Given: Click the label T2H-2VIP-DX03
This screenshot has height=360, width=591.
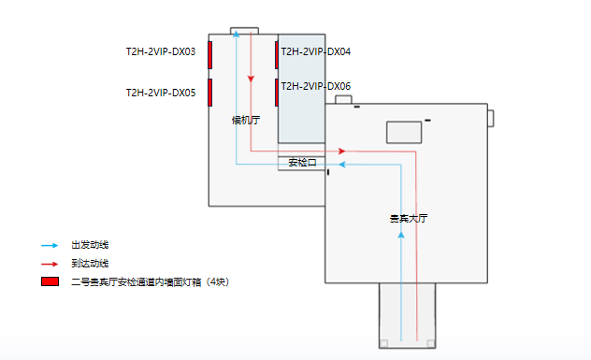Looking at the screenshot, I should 161,52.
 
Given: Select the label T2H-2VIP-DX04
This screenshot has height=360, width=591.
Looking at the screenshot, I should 316,52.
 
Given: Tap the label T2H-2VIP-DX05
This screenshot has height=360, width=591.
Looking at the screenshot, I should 161,93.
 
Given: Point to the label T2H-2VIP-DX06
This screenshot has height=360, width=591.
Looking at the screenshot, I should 316,86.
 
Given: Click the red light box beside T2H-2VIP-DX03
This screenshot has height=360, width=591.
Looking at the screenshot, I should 210,55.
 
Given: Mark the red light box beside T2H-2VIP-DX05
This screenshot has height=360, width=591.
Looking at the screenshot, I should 210,92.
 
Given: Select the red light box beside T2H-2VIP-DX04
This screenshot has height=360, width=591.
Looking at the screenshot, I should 278,55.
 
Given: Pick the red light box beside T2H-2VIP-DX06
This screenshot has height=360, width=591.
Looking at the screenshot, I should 278,92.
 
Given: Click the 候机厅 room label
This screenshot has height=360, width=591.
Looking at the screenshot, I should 246,120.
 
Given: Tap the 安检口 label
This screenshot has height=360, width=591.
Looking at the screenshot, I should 302,163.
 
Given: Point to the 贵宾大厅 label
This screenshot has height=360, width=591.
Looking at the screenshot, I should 408,218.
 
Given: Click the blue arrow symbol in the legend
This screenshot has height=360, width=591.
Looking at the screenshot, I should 50,245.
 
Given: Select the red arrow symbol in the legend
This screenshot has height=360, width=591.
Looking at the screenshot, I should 50,264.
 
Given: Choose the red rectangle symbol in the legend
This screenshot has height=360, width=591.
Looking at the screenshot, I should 50,281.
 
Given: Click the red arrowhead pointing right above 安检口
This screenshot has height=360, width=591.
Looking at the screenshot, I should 342,151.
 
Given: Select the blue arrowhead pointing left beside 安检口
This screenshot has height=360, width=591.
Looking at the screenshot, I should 342,165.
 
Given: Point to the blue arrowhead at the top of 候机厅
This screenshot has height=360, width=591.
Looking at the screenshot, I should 237,34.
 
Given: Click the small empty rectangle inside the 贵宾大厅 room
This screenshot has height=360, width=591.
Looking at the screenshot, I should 405,132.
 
